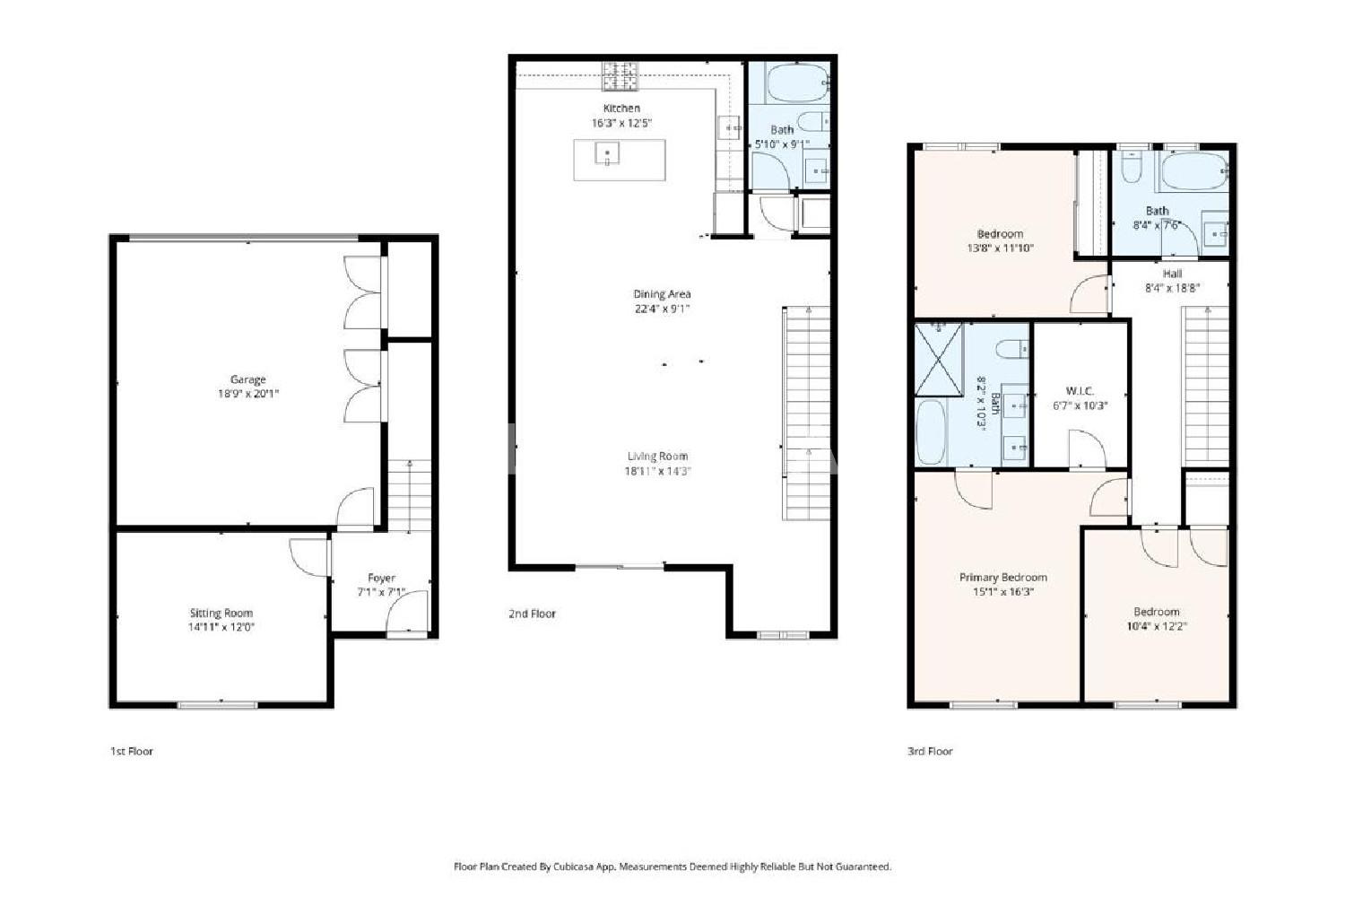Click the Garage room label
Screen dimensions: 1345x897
[248, 379]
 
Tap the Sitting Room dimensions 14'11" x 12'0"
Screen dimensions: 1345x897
[221, 627]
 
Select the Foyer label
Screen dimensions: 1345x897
[381, 578]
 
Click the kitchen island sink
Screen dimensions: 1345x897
[607, 153]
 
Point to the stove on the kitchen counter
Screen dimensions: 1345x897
[620, 76]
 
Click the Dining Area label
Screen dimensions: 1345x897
[663, 294]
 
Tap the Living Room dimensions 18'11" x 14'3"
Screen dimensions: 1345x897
[657, 471]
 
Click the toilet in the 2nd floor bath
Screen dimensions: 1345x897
[813, 122]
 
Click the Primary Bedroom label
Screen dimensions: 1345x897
[1003, 578]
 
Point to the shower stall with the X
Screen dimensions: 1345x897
[939, 360]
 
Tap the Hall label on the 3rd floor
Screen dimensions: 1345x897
[1172, 274]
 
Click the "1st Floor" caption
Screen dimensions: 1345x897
[132, 751]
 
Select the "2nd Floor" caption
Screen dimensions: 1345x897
[532, 614]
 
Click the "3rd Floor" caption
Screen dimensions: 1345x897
[930, 751]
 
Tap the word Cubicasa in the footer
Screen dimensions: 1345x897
[576, 867]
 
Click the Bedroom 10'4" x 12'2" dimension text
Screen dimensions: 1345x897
[1157, 626]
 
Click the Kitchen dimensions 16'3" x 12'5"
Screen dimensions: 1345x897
[621, 123]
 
